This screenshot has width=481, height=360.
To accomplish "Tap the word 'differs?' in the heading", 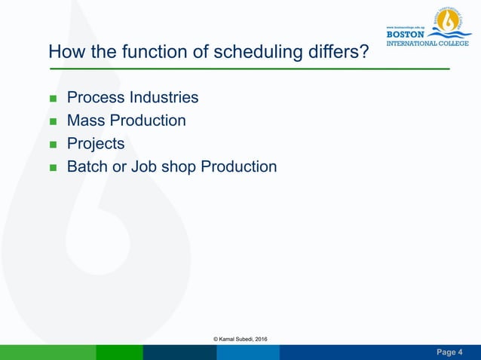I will coord(336,52).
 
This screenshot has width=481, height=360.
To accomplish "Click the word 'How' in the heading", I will coord(63,52).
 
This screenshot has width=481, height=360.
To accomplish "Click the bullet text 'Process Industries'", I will coord(133,98).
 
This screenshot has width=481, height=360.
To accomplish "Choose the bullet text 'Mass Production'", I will coord(126,121).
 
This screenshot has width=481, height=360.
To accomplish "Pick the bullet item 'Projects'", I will coord(96,143).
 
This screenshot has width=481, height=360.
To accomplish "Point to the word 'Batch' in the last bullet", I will coord(87,166).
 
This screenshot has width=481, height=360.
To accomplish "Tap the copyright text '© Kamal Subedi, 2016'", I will coord(240,340).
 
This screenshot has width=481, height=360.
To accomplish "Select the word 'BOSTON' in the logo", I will coord(405,34).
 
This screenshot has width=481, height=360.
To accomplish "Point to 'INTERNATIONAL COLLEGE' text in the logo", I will coord(427,43).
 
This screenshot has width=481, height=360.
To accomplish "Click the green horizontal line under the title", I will coord(249,69).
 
